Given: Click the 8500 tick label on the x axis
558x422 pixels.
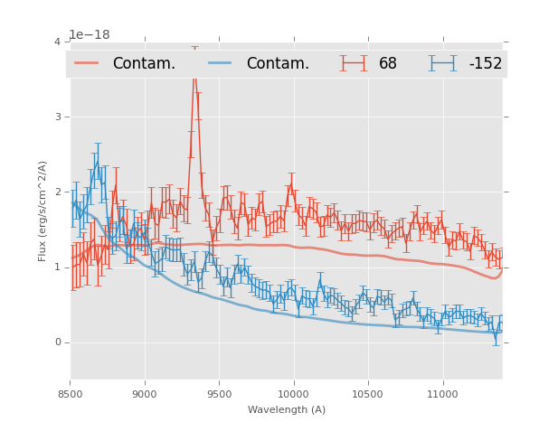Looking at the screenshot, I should pyautogui.click(x=71, y=394).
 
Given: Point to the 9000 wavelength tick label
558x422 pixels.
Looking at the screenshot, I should pyautogui.click(x=145, y=394).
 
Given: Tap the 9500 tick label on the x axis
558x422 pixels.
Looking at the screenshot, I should pyautogui.click(x=219, y=394).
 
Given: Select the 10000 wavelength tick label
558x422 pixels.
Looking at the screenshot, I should pyautogui.click(x=293, y=394).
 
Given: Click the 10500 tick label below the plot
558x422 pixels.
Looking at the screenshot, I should pyautogui.click(x=367, y=394).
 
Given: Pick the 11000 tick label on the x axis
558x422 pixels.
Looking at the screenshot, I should pyautogui.click(x=441, y=394).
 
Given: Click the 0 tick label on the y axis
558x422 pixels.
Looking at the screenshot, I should pyautogui.click(x=57, y=342).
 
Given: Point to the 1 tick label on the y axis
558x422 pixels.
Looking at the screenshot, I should pyautogui.click(x=57, y=267).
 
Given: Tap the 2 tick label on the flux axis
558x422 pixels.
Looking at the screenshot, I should pyautogui.click(x=57, y=192).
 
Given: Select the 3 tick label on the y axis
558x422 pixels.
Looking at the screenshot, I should pyautogui.click(x=57, y=117).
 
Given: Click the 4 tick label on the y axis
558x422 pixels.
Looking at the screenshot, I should pyautogui.click(x=57, y=42).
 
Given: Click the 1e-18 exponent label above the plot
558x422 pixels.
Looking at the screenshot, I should pyautogui.click(x=90, y=35).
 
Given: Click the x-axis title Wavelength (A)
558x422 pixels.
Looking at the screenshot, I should pyautogui.click(x=286, y=410).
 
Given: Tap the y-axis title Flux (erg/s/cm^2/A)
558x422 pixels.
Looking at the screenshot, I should pyautogui.click(x=43, y=211).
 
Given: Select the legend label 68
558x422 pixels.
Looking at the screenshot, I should pyautogui.click(x=388, y=64).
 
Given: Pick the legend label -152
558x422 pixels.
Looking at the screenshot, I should pyautogui.click(x=485, y=64).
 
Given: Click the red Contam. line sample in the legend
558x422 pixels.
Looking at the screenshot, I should pyautogui.click(x=87, y=63).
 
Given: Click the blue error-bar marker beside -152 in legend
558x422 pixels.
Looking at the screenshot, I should pyautogui.click(x=443, y=63).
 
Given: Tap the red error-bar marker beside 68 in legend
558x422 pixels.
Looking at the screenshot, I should pyautogui.click(x=354, y=63).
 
